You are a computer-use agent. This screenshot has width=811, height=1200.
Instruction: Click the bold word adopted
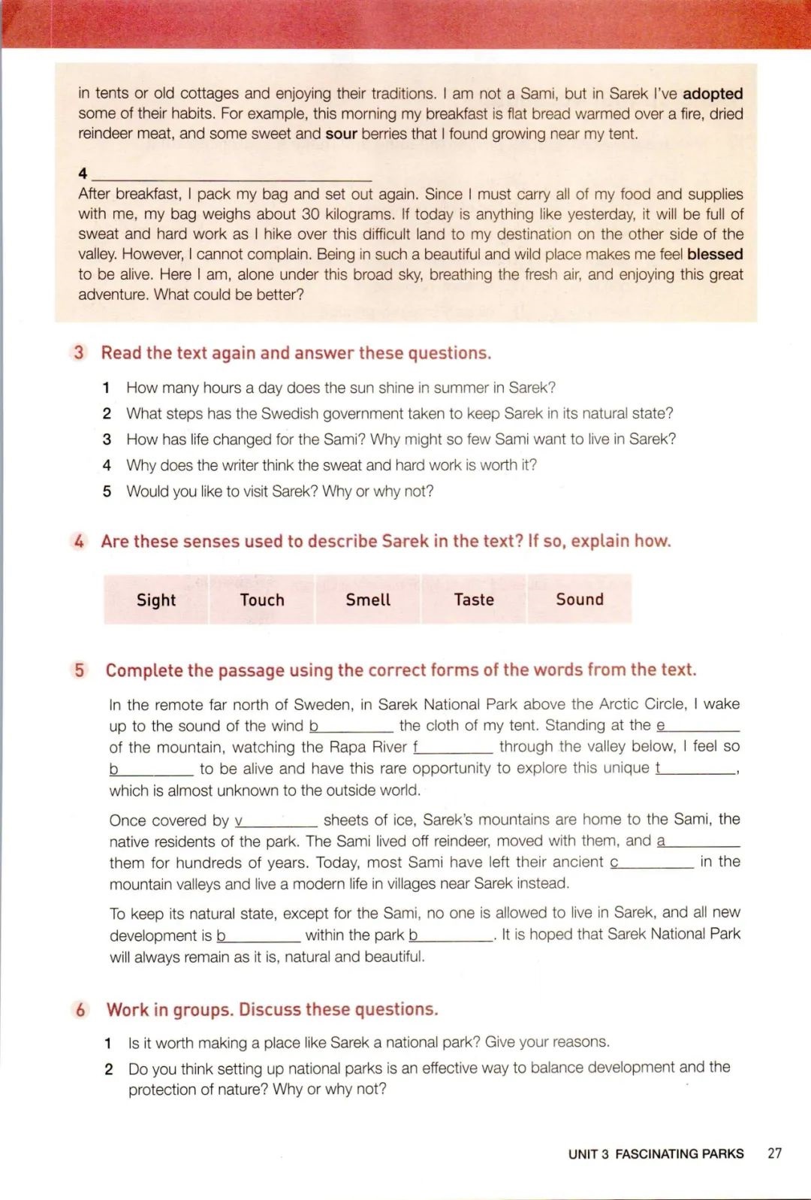tap(713, 94)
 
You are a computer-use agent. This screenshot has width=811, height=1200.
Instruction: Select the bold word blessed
tap(715, 255)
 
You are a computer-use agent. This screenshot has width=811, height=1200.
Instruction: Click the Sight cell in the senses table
tap(156, 600)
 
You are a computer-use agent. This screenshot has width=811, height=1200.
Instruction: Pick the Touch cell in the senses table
tap(262, 600)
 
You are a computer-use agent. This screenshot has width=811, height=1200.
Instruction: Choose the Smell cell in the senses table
tap(368, 600)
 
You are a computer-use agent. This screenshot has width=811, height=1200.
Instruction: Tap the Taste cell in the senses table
tap(474, 600)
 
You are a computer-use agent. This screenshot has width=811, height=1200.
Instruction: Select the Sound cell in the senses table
tap(580, 600)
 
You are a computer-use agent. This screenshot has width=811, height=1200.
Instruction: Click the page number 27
tap(774, 1153)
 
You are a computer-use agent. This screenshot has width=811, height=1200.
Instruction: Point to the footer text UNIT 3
tap(589, 1154)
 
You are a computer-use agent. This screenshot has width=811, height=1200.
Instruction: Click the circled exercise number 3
tap(80, 352)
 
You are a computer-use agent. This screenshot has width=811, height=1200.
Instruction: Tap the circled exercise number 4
tap(80, 541)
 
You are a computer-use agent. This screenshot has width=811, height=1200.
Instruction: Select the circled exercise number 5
tap(80, 670)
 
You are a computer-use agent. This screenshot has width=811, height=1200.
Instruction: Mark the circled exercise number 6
tap(80, 1009)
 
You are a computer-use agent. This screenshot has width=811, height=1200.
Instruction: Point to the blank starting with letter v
tap(276, 821)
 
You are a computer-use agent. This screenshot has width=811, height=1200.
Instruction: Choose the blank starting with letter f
tap(453, 748)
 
